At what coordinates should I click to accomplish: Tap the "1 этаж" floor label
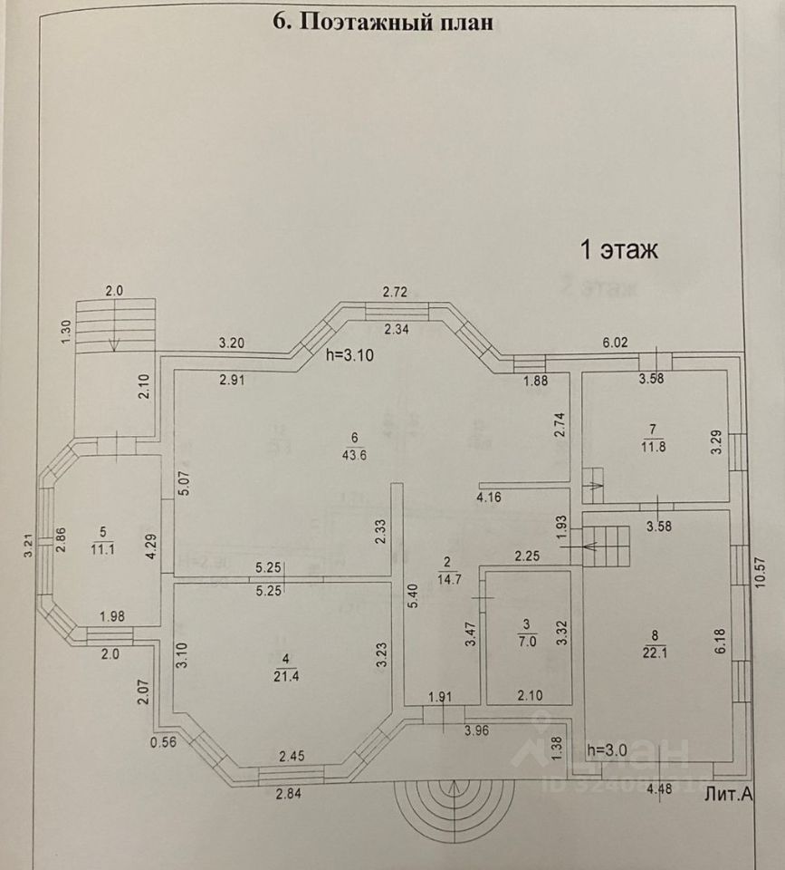coord(618,250)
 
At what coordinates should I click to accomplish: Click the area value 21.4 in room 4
coord(286,675)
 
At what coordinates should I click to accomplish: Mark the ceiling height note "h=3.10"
coord(349,357)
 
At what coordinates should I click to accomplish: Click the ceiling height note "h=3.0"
coord(608,750)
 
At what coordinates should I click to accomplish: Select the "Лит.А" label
coord(729,794)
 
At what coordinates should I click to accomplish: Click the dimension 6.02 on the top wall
coord(617,343)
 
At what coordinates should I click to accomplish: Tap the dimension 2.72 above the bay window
coord(396,292)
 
